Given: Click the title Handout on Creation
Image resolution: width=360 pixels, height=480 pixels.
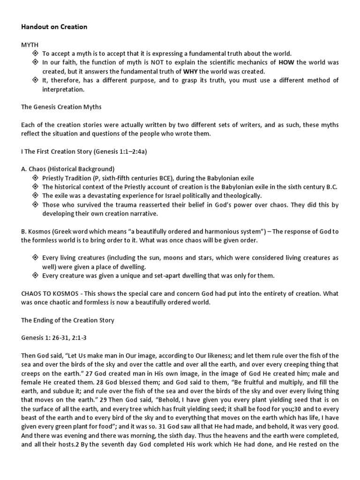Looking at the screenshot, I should click(x=54, y=27).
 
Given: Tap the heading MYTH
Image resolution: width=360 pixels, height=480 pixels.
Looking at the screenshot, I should click(x=29, y=45).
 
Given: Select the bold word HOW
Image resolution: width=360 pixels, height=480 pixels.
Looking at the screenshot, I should click(x=286, y=62).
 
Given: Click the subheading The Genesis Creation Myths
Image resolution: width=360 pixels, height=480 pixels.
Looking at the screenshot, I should click(x=61, y=107).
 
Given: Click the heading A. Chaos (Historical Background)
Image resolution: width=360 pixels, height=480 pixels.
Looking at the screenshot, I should click(x=68, y=169).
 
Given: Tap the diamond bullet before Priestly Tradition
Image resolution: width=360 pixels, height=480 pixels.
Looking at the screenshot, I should click(x=35, y=178).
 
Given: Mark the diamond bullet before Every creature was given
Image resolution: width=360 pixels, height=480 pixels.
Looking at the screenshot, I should click(x=35, y=276).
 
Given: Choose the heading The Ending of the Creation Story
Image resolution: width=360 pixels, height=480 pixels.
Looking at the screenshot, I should click(x=67, y=320).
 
